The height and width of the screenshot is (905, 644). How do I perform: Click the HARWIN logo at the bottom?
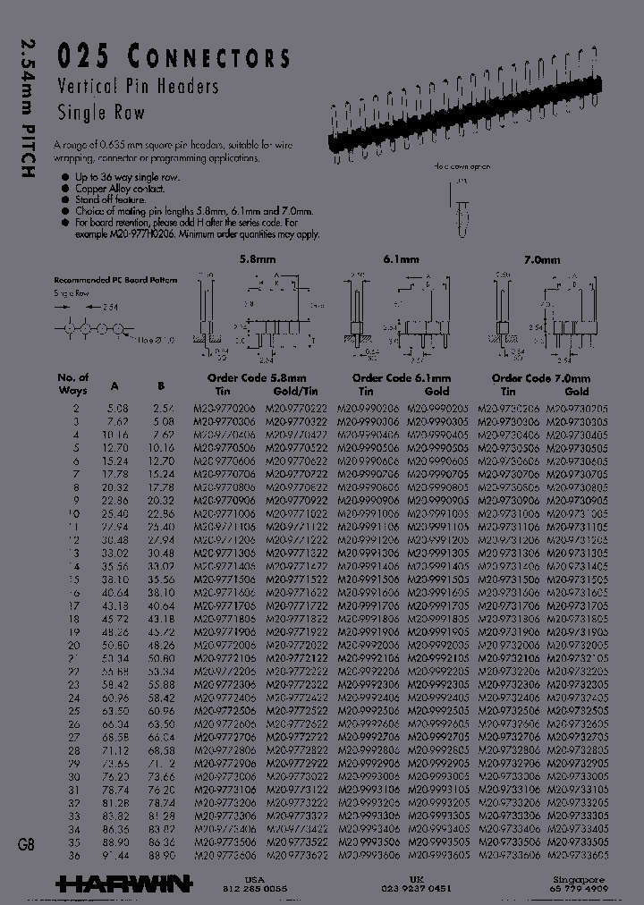click(x=123, y=884)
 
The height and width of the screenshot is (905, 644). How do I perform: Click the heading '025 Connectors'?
click(x=174, y=58)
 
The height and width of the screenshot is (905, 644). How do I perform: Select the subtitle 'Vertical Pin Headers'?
click(x=138, y=87)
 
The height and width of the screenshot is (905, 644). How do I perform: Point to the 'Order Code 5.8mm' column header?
click(x=256, y=378)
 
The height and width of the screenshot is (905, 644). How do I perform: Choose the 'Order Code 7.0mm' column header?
click(x=541, y=378)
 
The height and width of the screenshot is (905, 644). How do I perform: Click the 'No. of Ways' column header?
click(x=72, y=384)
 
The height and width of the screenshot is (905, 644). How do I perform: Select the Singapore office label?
click(x=577, y=880)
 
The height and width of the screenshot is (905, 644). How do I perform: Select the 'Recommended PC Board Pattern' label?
click(x=115, y=280)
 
